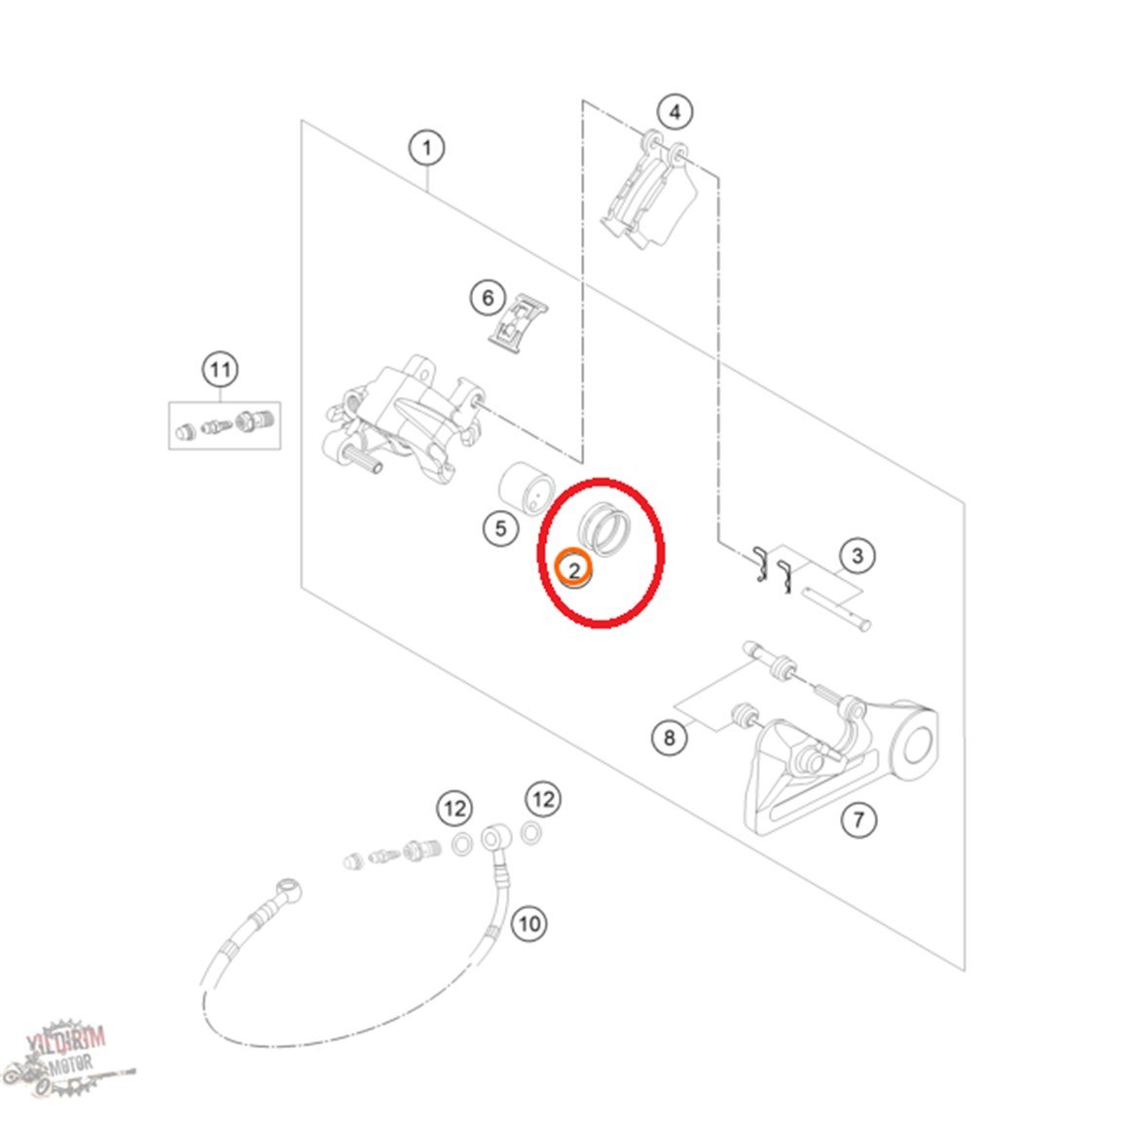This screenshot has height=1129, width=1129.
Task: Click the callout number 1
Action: (427, 148)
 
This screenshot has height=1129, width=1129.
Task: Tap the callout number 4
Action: (674, 112)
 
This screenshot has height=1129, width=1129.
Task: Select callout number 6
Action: (489, 298)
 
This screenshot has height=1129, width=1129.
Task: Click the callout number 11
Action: (220, 370)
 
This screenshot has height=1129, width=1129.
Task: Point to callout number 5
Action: (500, 529)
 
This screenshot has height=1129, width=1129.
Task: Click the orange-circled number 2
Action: (574, 569)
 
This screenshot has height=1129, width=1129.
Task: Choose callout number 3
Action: (856, 556)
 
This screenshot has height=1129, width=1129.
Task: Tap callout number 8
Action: (670, 738)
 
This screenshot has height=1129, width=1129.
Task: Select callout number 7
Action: (858, 819)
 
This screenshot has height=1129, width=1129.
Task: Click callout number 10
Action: (529, 924)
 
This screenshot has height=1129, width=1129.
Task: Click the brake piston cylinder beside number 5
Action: (525, 489)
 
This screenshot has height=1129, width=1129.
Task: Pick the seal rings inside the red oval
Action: (604, 529)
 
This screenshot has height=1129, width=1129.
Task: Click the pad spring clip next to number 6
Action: (517, 322)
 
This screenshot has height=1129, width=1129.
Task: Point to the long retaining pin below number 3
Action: (835, 606)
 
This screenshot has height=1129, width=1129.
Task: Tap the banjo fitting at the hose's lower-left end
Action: (286, 890)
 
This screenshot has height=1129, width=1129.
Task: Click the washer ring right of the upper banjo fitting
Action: (531, 833)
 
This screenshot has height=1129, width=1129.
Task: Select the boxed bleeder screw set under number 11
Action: (225, 425)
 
